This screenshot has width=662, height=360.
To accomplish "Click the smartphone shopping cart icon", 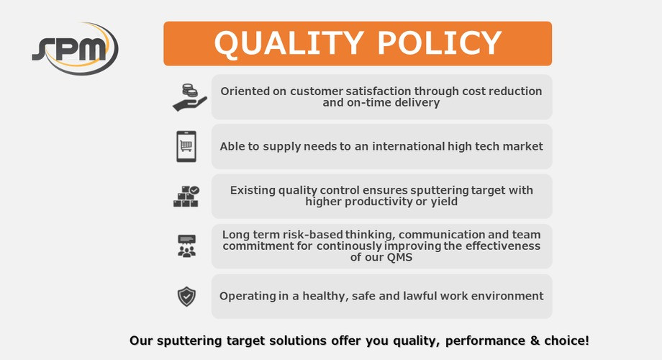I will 186,146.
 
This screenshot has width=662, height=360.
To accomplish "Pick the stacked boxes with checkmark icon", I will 186,196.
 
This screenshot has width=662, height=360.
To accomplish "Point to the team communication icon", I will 186,246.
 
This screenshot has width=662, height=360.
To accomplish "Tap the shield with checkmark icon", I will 186,296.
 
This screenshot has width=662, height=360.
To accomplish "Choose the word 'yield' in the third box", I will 443,202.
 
